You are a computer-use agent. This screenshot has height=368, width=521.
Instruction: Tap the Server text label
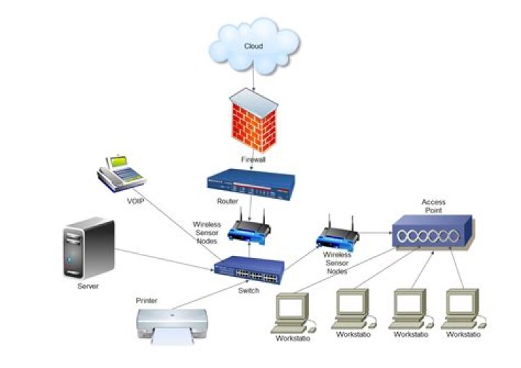[x=88, y=286]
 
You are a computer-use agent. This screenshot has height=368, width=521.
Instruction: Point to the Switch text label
[x=247, y=289]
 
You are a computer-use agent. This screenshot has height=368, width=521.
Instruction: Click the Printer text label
[x=146, y=299]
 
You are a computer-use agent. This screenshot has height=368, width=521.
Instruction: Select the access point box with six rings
[x=433, y=235]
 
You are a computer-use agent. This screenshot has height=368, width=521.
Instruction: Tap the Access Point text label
[x=433, y=206]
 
